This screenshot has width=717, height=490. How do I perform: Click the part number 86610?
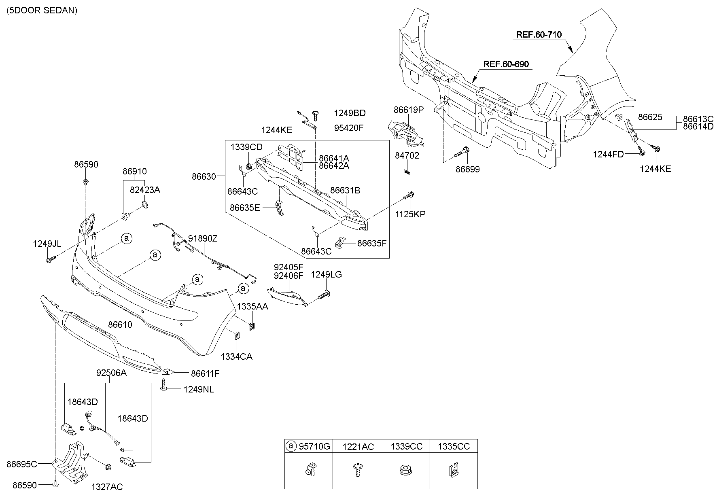point(120,325)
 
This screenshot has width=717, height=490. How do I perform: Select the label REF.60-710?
point(539,35)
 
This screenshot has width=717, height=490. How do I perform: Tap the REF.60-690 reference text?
point(506,64)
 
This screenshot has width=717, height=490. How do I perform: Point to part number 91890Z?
point(203,239)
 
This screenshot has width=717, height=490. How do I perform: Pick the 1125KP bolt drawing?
point(409,196)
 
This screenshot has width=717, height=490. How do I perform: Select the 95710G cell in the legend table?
point(308,446)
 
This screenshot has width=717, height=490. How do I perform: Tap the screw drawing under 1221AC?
point(357,471)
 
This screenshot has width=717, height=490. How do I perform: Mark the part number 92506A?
point(111,373)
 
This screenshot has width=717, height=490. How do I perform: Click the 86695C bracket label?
point(22,464)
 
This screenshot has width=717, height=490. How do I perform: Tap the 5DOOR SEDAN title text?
point(42,11)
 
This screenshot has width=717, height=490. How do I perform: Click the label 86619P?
point(409,109)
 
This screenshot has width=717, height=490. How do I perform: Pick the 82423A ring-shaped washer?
point(144,204)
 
